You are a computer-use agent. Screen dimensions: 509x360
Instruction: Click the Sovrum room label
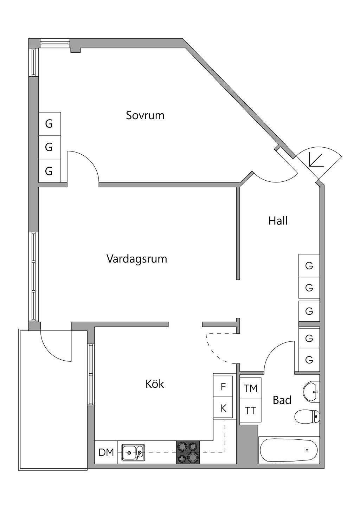coord(145,115)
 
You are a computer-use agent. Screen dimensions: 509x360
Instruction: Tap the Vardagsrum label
coord(136,259)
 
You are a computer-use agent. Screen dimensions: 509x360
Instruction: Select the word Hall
coord(278,221)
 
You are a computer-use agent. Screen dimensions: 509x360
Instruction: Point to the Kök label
coord(155,384)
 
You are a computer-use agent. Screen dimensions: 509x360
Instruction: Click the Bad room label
coord(282,400)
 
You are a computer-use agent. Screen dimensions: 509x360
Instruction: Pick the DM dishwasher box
coord(106,452)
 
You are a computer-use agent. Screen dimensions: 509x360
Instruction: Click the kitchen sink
coord(133,452)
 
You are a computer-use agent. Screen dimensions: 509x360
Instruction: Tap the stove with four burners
coord(188,452)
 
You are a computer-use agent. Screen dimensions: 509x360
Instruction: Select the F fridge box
coord(223,387)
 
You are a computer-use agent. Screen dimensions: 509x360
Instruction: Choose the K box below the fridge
coord(223,408)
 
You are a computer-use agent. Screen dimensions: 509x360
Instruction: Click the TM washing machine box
coord(251,388)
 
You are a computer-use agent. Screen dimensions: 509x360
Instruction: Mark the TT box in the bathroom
coord(250,411)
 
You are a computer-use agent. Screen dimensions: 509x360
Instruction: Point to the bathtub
coord(289,450)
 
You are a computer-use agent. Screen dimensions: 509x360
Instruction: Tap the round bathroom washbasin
coord(311,391)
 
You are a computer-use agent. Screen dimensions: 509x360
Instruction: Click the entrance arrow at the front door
coord(315,160)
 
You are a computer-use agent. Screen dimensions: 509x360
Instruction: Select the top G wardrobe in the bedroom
coord(49,124)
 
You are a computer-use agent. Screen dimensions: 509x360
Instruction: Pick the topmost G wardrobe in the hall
coord(309,266)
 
